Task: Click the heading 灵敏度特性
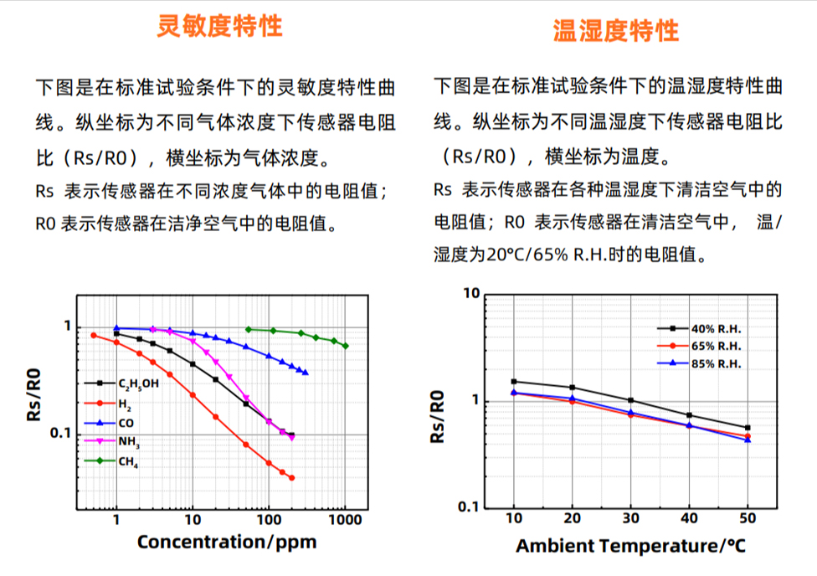click(220, 26)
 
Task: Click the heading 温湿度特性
click(615, 31)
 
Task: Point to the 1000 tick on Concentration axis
click(345, 520)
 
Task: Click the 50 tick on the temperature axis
click(747, 520)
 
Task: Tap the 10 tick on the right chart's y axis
click(470, 294)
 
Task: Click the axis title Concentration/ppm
click(227, 542)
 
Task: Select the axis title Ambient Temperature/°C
click(629, 547)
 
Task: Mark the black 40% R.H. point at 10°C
click(514, 382)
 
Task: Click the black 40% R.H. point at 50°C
click(748, 428)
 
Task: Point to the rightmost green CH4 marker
click(345, 346)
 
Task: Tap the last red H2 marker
click(291, 477)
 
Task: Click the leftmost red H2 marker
click(94, 336)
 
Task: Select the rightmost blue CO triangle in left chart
click(305, 373)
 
